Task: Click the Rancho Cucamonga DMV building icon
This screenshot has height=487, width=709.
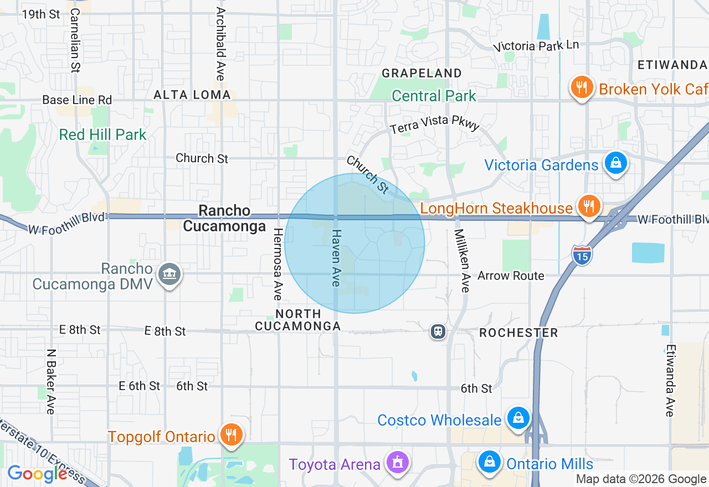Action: click(169, 274)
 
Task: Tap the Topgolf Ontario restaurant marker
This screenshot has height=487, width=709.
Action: click(229, 435)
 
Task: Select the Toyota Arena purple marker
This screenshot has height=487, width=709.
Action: click(397, 462)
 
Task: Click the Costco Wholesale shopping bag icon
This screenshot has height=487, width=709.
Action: click(518, 418)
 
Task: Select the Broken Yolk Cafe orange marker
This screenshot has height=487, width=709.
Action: click(582, 87)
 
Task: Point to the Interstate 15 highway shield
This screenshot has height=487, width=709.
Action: click(582, 255)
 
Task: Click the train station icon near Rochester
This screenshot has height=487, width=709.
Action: click(438, 331)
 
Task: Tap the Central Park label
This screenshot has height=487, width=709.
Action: click(434, 96)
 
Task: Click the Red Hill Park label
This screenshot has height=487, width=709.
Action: click(103, 134)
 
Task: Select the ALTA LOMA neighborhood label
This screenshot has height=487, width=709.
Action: click(192, 95)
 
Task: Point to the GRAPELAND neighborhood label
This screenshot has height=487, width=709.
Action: click(422, 73)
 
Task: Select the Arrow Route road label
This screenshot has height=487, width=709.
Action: click(511, 275)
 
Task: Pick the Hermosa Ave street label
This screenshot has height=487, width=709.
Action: click(278, 264)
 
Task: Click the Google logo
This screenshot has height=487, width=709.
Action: click(37, 474)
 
